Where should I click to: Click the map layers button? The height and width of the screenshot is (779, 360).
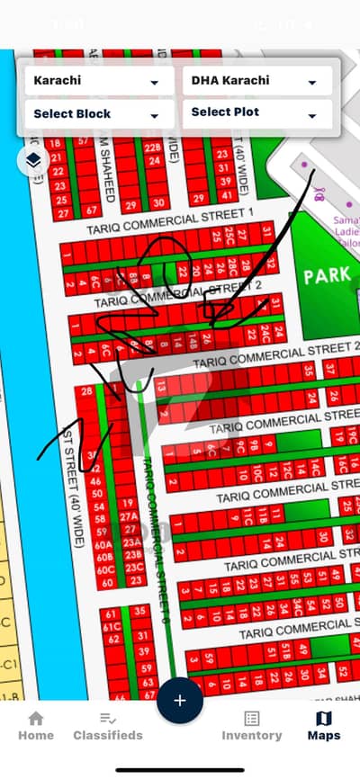click(32, 161)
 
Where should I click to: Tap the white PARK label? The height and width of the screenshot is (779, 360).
click(327, 276)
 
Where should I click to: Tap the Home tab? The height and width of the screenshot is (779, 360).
click(36, 725)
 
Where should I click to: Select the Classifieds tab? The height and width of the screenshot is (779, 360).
click(108, 725)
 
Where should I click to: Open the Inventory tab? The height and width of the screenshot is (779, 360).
click(252, 725)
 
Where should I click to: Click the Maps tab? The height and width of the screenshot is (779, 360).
click(323, 725)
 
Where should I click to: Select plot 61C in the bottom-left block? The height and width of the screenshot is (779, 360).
click(112, 625)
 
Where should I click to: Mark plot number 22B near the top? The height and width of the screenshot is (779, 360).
click(152, 148)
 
